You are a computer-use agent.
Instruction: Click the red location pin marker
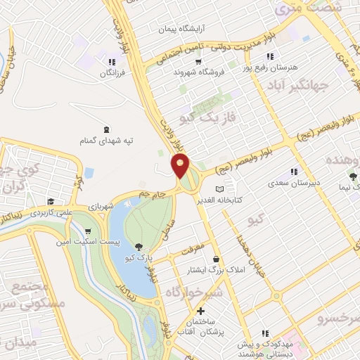(181, 167)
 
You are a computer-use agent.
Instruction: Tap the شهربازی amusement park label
(101, 207)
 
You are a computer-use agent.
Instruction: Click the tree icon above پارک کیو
(139, 247)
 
